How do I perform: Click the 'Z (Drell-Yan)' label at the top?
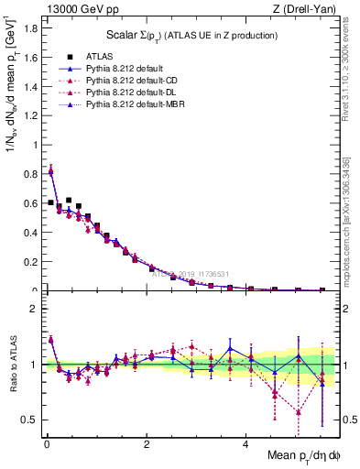coord(307,9)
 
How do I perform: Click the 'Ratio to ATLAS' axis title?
coord(12,364)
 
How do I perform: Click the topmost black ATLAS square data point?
coord(69,200)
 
